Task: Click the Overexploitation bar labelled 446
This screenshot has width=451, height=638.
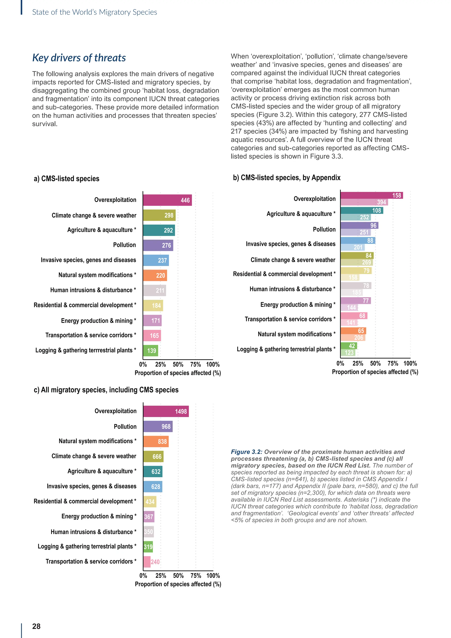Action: (167, 200)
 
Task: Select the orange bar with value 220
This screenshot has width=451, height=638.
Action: (155, 275)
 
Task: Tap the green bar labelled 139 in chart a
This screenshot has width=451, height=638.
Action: (151, 351)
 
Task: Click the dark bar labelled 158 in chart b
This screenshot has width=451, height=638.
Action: (371, 195)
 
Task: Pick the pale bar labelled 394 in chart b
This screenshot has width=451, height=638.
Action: (364, 202)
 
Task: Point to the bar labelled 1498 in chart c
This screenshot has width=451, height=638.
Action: (166, 412)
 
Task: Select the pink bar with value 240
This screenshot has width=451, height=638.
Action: (147, 562)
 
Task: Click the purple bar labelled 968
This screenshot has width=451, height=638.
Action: (158, 427)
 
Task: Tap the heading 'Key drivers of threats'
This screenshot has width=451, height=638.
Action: (79, 58)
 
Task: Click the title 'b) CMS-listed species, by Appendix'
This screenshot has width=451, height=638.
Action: (286, 178)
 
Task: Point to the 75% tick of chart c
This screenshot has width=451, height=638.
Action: (196, 575)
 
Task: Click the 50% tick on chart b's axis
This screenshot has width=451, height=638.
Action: (375, 364)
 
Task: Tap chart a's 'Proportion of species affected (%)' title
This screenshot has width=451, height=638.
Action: (178, 373)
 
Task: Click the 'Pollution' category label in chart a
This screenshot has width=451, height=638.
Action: (124, 245)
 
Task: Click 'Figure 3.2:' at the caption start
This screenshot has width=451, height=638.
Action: (246, 452)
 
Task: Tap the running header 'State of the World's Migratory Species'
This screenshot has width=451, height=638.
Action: (94, 12)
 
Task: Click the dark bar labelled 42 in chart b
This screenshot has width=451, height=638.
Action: (349, 346)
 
